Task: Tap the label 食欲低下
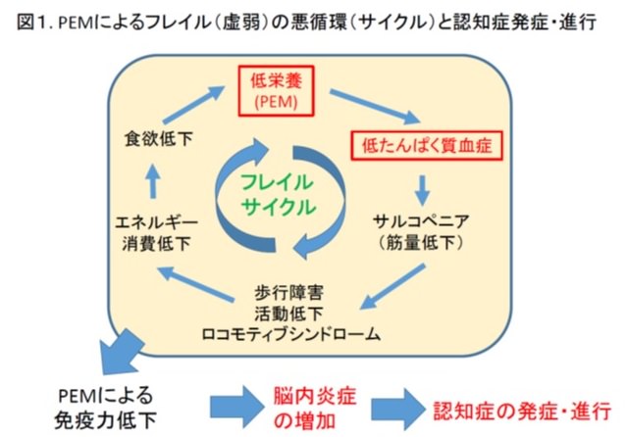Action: (x=159, y=139)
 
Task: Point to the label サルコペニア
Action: (x=421, y=221)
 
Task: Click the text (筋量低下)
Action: (x=421, y=242)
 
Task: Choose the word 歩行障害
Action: (x=288, y=293)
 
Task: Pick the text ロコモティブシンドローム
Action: (x=291, y=334)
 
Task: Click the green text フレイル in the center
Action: (x=277, y=182)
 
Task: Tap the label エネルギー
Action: (x=156, y=222)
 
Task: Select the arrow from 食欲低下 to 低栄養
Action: (x=194, y=105)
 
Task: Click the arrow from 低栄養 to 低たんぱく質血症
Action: (x=375, y=107)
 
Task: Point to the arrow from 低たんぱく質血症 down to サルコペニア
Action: (x=422, y=190)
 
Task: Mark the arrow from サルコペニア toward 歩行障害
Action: (x=392, y=286)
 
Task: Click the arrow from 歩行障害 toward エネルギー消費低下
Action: (x=195, y=284)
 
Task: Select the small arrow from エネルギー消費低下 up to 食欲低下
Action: (x=152, y=181)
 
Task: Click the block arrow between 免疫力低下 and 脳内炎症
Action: (x=237, y=407)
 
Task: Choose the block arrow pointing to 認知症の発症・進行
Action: (x=398, y=409)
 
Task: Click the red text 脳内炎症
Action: (x=315, y=397)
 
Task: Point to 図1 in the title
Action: (x=32, y=22)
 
